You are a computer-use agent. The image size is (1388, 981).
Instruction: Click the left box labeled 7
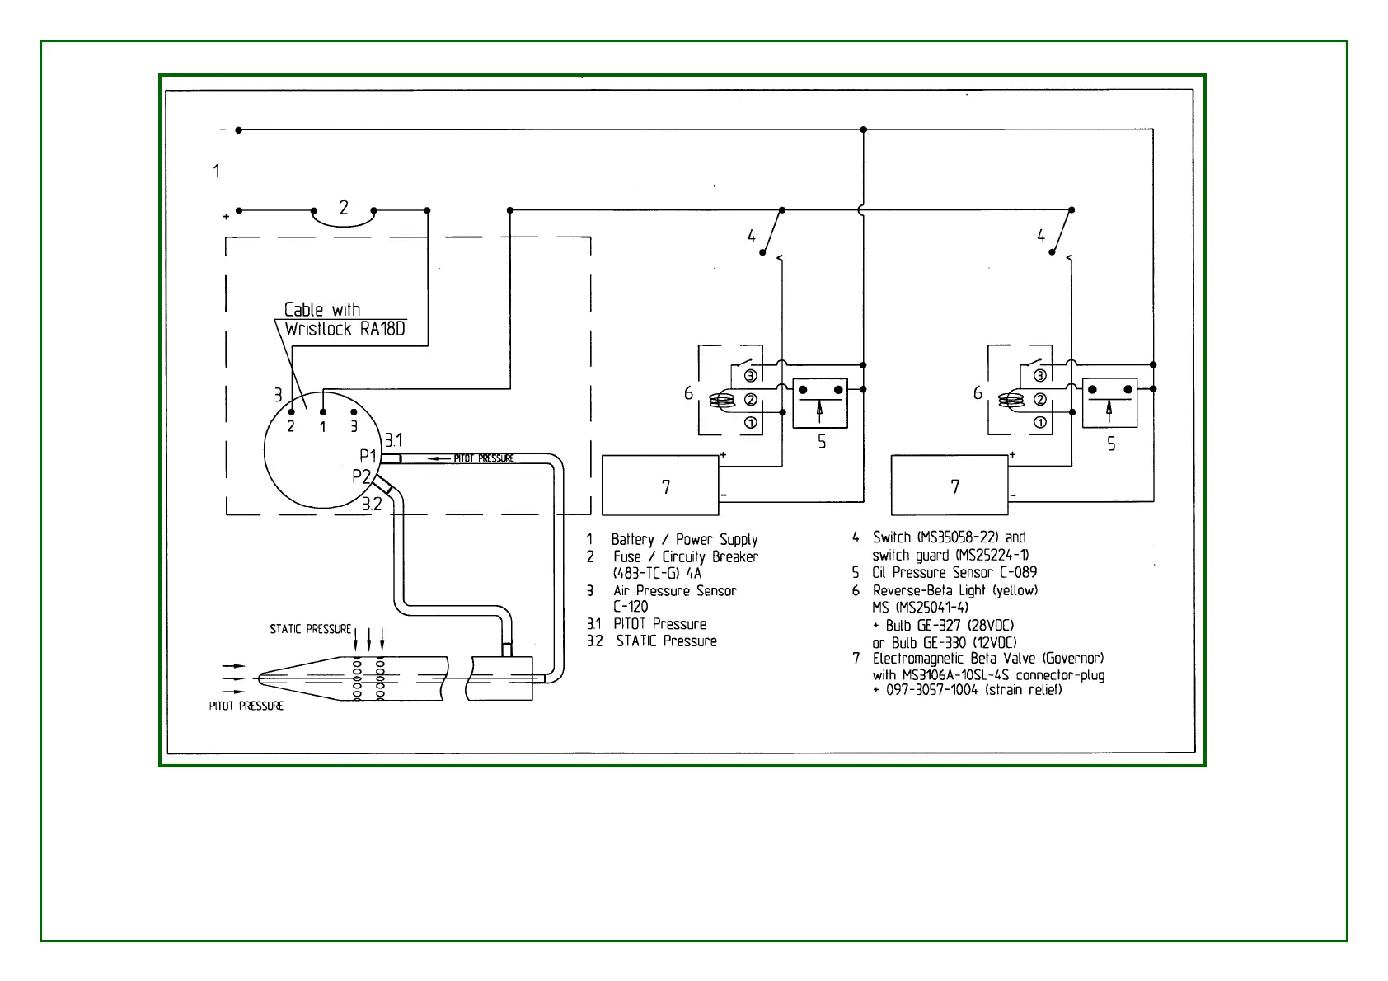(x=660, y=486)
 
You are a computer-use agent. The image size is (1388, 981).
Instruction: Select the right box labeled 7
(x=950, y=486)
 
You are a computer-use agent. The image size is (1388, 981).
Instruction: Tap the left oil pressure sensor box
(x=819, y=402)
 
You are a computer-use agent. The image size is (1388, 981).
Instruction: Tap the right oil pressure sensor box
(x=1109, y=402)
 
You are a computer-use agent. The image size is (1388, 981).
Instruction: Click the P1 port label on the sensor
(x=368, y=455)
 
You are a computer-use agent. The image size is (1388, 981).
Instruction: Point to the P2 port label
(x=361, y=476)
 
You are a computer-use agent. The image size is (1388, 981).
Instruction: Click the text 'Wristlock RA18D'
(x=345, y=329)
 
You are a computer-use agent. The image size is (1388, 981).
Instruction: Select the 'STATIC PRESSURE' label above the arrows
(x=310, y=629)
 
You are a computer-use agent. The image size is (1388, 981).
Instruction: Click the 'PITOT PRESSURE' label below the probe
(x=246, y=706)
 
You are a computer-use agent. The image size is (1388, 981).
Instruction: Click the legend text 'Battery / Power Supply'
(x=684, y=539)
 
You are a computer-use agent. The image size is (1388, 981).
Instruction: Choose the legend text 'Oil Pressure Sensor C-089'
(x=954, y=572)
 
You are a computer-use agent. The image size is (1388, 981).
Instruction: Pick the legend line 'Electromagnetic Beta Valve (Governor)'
(x=988, y=658)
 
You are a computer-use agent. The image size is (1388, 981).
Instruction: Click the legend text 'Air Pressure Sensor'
(x=674, y=590)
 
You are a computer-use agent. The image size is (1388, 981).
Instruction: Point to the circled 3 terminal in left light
(x=751, y=376)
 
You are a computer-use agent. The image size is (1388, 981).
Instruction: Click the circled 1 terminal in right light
(x=1040, y=423)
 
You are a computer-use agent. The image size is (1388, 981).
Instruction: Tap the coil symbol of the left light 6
(x=723, y=401)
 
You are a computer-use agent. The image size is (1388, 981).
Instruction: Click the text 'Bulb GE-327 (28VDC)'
(x=950, y=625)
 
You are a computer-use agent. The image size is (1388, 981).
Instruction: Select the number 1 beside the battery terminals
(x=217, y=171)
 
